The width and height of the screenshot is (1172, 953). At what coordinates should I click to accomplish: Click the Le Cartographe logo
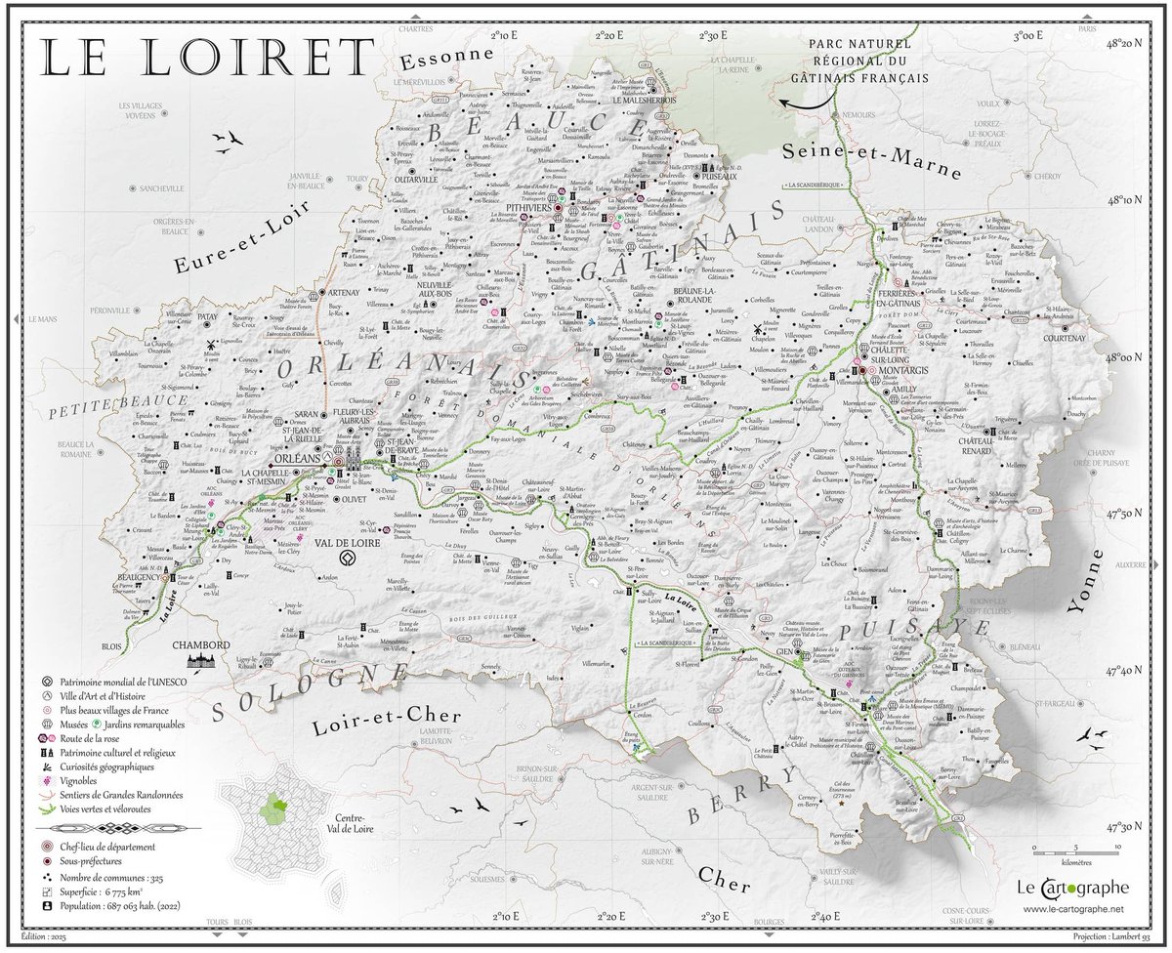1072,888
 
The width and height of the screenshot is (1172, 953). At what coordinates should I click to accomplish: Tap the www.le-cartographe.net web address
1074,910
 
